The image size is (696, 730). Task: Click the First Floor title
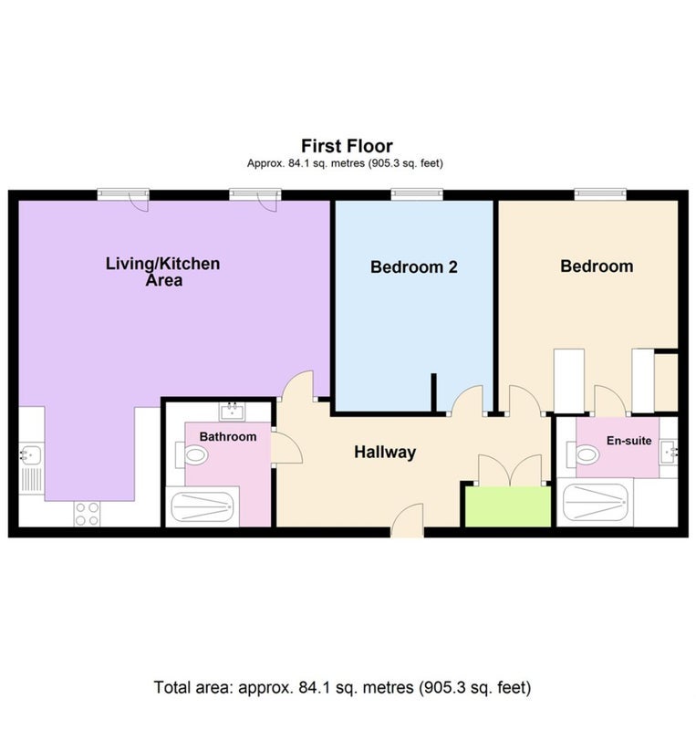[347, 146]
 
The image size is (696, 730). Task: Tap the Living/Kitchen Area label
[163, 272]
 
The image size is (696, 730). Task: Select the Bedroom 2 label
[414, 266]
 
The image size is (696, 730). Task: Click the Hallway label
[385, 453]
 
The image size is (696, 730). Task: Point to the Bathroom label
[228, 437]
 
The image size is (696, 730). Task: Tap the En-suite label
[629, 441]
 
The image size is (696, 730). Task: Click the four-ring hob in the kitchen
[87, 514]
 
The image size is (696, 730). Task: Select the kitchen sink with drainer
[31, 468]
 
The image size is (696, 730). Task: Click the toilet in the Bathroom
[192, 454]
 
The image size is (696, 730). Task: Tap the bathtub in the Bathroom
[203, 506]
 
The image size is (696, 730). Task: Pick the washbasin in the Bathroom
[232, 412]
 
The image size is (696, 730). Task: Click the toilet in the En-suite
[583, 454]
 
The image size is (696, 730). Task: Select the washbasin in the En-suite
[669, 451]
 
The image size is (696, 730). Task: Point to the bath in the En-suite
[595, 503]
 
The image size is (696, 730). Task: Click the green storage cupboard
[508, 507]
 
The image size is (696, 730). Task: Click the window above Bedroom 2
[417, 193]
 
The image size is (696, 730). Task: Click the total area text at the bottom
[342, 688]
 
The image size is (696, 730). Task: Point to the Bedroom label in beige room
[597, 266]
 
